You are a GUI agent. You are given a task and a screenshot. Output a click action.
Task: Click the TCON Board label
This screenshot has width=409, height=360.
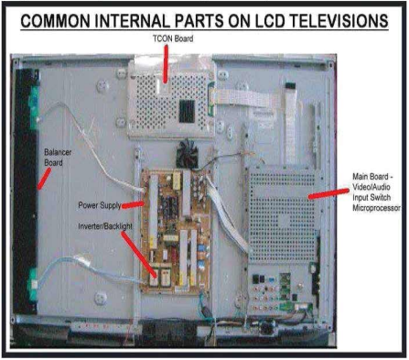pyautogui.click(x=173, y=38)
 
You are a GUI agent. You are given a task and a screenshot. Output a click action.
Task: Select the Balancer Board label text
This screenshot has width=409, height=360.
pyautogui.click(x=58, y=158)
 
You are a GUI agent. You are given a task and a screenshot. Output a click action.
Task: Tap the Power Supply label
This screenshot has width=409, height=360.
pyautogui.click(x=100, y=205)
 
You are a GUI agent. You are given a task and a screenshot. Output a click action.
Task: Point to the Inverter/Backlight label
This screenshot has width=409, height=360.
pyautogui.click(x=105, y=226)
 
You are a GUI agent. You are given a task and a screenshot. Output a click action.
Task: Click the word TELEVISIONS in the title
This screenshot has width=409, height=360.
pyautogui.click(x=339, y=21)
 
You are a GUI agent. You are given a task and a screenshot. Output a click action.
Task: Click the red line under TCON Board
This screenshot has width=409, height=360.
pyautogui.click(x=166, y=64)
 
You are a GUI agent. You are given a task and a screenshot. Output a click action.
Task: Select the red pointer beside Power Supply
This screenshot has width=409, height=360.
pyautogui.click(x=133, y=205)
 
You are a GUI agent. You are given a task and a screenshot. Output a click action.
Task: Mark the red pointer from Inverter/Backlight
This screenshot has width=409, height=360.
pyautogui.click(x=139, y=255)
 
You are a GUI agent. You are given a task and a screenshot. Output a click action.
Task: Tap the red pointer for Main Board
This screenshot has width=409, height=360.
pyautogui.click(x=328, y=193)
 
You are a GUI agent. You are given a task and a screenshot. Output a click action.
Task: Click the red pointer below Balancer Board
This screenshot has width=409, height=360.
pyautogui.click(x=44, y=179)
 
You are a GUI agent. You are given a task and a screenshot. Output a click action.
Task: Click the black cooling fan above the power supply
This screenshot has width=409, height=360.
pyautogui.click(x=187, y=153)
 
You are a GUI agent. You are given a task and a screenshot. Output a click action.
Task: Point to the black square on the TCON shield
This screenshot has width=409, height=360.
pyautogui.click(x=187, y=111)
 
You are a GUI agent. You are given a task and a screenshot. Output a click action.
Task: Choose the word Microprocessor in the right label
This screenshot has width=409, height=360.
pyautogui.click(x=376, y=208)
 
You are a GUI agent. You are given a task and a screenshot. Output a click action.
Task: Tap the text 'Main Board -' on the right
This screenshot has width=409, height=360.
pyautogui.click(x=372, y=177)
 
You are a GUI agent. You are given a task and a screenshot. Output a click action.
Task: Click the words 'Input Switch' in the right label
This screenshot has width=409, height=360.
pyautogui.click(x=371, y=198)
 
